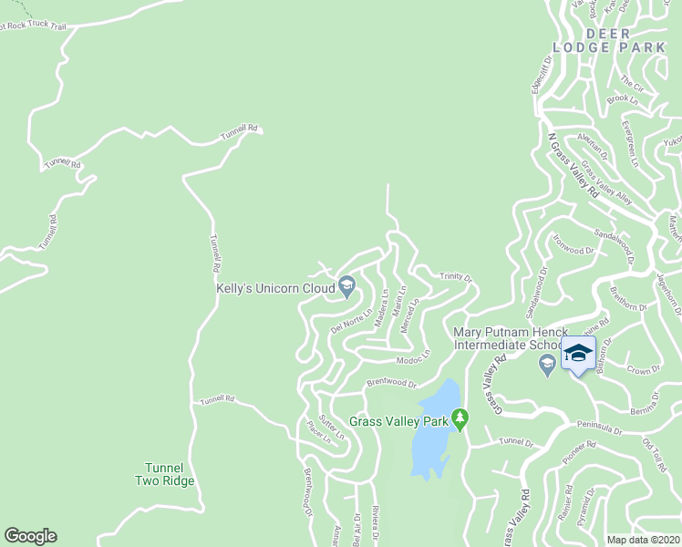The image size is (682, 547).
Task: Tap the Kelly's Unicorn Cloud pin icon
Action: pos(346,287)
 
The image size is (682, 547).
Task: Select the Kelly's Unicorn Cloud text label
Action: pos(275,287)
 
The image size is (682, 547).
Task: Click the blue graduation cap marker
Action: pos(578,354)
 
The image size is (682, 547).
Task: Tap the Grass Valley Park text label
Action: pos(399,421)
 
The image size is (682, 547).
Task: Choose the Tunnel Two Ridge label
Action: pos(165,474)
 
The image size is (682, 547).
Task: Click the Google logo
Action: pos(30,536)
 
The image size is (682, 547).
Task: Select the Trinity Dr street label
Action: pos(455,277)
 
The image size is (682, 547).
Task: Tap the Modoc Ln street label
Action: pos(414,359)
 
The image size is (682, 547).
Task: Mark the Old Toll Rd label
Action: pos(656,449)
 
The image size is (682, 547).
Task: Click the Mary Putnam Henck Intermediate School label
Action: pos(511,338)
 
